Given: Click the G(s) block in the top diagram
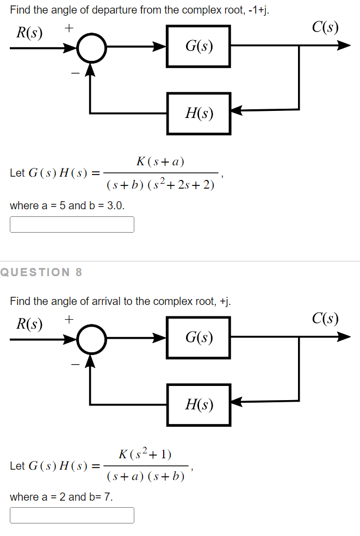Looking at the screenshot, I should pyautogui.click(x=198, y=47).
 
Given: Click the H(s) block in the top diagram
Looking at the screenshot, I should pyautogui.click(x=198, y=113).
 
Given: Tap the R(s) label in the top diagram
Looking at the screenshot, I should pyautogui.click(x=29, y=33).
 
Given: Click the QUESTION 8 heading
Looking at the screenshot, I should pyautogui.click(x=41, y=272).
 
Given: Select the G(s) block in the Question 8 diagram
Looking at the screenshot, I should pyautogui.click(x=198, y=338).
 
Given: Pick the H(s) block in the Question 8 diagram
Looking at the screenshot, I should pyautogui.click(x=198, y=404).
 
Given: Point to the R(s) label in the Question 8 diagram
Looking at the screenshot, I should pyautogui.click(x=29, y=324).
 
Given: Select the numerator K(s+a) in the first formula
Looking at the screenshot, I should pyautogui.click(x=160, y=161).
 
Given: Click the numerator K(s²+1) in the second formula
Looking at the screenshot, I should pyautogui.click(x=145, y=453).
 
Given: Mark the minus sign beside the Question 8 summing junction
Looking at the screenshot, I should pyautogui.click(x=76, y=363).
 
